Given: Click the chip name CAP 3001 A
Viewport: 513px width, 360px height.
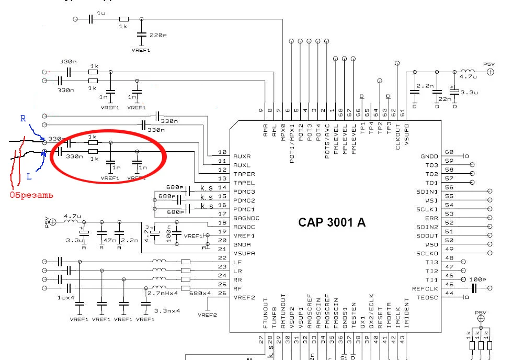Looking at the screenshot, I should click(332, 222).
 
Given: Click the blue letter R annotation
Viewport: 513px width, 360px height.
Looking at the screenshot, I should click(23, 119).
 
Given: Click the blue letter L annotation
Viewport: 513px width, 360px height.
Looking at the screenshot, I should click(30, 177).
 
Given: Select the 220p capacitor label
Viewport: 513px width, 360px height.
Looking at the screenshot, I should click(158, 36).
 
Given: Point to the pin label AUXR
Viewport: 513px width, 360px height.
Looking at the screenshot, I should click(242, 156).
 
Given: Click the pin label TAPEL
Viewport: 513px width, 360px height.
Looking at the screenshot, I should click(244, 183).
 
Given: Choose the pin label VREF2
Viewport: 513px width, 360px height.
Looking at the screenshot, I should click(244, 297).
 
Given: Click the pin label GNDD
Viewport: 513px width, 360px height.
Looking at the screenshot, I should click(429, 156).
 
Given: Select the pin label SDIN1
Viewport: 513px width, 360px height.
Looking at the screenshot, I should click(428, 192).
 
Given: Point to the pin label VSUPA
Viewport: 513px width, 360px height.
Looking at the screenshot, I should click(244, 253).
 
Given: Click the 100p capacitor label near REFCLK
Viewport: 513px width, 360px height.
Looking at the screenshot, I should click(478, 279).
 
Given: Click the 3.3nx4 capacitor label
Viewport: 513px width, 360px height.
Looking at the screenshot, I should click(167, 311).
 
